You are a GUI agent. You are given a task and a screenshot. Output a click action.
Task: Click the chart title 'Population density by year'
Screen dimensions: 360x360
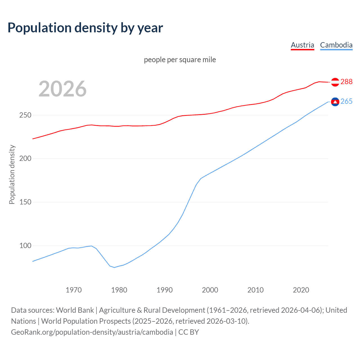[x=85, y=28]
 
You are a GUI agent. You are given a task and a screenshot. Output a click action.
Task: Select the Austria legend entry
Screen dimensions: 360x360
[x=302, y=45]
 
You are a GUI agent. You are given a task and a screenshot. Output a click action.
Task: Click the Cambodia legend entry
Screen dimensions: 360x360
[x=336, y=45]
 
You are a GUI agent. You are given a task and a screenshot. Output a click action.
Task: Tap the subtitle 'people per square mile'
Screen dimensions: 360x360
[x=180, y=60]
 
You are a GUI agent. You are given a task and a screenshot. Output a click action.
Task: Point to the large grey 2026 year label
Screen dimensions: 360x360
[x=62, y=89]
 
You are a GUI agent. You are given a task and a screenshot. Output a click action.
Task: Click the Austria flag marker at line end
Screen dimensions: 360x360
[x=335, y=82]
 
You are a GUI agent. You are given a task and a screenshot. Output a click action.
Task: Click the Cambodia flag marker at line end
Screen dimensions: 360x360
[x=335, y=102]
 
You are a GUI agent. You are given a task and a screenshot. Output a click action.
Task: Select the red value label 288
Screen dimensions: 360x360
[x=346, y=82]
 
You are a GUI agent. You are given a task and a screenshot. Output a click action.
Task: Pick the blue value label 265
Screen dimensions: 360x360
[x=346, y=102]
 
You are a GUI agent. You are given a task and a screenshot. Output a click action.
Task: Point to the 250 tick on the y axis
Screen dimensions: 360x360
[x=25, y=115]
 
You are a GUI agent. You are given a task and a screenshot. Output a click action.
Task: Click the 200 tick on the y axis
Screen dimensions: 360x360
[x=25, y=159]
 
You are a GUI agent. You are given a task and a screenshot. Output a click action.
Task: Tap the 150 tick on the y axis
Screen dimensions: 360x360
[x=25, y=202]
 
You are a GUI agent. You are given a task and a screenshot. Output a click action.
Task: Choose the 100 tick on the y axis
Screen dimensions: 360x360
[x=25, y=246]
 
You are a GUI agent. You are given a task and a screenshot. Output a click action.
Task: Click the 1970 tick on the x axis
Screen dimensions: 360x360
[x=74, y=290]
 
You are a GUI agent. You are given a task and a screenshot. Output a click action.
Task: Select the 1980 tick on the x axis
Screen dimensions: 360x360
[x=119, y=290]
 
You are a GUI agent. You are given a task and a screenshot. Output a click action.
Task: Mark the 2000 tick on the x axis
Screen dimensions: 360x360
[x=210, y=290]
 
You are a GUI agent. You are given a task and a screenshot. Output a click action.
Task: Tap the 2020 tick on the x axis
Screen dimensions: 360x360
[x=301, y=290]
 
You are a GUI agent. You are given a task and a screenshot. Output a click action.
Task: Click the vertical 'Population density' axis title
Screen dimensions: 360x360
[x=12, y=174]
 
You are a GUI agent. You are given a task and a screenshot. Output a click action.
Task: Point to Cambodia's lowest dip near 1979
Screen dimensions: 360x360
[x=114, y=267]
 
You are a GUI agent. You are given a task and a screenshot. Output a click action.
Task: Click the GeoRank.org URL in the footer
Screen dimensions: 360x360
[x=92, y=332]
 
